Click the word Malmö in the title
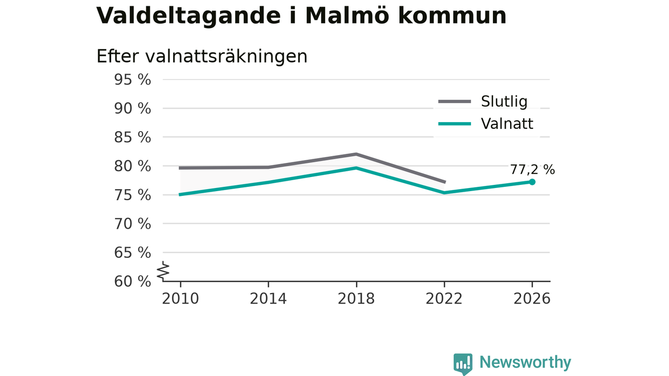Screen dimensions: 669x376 tap(348, 16)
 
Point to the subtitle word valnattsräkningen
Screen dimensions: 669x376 tap(226, 56)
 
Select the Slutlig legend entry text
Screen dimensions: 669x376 tap(504, 102)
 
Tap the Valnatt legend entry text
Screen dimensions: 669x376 tap(507, 124)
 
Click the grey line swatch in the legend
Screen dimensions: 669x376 tap(455, 102)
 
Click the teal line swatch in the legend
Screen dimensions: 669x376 tap(455, 124)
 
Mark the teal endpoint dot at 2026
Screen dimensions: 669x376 tap(532, 182)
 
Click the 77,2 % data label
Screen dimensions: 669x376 tap(532, 170)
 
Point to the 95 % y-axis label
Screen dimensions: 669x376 tap(133, 80)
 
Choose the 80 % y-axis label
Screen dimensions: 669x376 tap(133, 166)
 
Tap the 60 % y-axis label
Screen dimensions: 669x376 tap(133, 281)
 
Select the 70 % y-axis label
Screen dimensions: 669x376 tap(133, 224)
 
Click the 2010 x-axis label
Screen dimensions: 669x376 tap(180, 299)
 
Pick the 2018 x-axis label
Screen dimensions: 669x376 tap(356, 299)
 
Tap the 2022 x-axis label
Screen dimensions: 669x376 tap(444, 299)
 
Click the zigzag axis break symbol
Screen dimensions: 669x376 tap(163, 271)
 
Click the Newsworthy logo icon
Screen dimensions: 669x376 tap(463, 364)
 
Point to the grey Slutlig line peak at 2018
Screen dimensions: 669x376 tap(356, 154)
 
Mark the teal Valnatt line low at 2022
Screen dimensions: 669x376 tap(444, 193)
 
